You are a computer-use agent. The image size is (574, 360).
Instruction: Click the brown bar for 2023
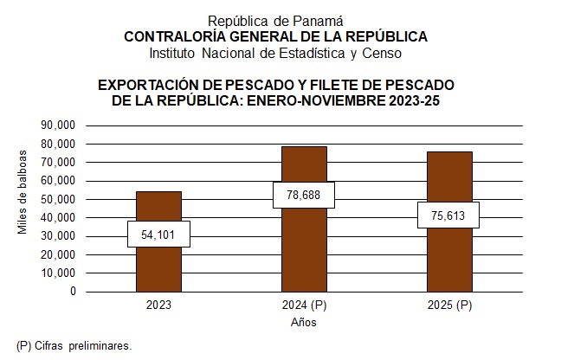tap(158, 260)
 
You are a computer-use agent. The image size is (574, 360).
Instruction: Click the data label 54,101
tap(158, 234)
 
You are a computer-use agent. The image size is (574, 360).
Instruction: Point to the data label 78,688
tap(304, 196)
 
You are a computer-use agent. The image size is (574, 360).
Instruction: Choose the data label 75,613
tap(448, 215)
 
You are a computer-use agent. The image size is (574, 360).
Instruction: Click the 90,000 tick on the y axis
tap(59, 125)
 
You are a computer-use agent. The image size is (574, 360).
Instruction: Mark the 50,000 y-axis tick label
tap(59, 199)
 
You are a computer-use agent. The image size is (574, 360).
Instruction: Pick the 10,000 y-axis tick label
tap(59, 273)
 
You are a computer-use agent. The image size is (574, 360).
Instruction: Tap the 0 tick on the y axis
tap(73, 292)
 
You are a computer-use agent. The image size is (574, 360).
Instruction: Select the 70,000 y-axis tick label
tap(59, 163)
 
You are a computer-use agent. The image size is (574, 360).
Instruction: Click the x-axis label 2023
tap(158, 305)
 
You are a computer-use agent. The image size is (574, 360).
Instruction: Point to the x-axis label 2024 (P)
tap(304, 305)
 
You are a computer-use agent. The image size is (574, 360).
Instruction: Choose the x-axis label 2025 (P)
tap(448, 305)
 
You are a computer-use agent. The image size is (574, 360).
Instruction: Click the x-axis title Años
tap(303, 323)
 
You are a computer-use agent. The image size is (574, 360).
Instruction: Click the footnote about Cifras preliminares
tap(74, 345)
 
